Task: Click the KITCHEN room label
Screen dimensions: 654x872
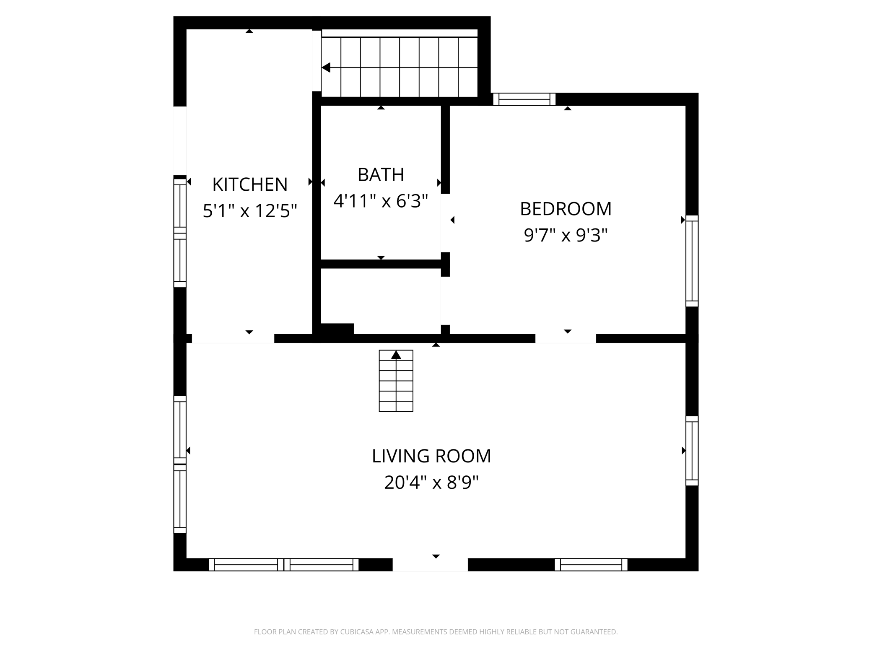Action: click(250, 184)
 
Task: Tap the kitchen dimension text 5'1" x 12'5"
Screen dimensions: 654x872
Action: click(250, 210)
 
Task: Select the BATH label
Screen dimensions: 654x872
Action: click(381, 174)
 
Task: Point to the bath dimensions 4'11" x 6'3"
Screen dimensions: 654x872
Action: click(381, 201)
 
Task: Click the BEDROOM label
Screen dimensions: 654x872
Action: click(566, 209)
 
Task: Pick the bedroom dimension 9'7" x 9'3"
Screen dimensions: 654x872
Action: click(566, 235)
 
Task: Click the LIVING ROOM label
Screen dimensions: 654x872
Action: click(431, 456)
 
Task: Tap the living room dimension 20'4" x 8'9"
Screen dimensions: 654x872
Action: click(431, 483)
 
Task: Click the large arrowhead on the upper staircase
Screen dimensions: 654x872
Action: click(326, 67)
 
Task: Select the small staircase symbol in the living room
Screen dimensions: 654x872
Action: click(396, 381)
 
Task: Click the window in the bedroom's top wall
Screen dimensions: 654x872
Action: click(524, 99)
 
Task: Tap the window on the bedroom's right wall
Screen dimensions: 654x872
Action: click(692, 261)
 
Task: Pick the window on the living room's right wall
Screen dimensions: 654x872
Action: click(692, 451)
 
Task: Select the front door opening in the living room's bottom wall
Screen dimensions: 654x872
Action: click(430, 565)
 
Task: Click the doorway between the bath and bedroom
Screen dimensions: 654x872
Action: click(445, 223)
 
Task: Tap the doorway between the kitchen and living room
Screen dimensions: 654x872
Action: click(233, 338)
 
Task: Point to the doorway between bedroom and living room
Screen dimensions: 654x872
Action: click(565, 338)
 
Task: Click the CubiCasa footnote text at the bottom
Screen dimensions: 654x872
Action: click(436, 632)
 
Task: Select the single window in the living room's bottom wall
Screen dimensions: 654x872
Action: click(591, 565)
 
